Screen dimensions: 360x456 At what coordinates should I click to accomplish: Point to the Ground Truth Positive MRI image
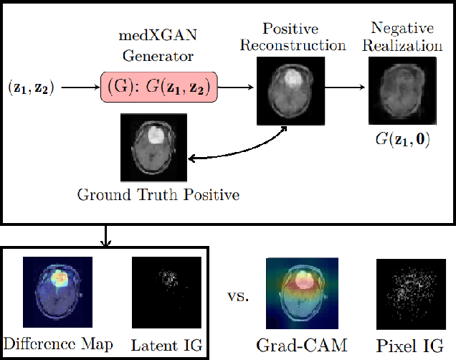click(154, 146)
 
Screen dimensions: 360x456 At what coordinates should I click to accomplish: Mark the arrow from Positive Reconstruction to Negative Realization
click(346, 88)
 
